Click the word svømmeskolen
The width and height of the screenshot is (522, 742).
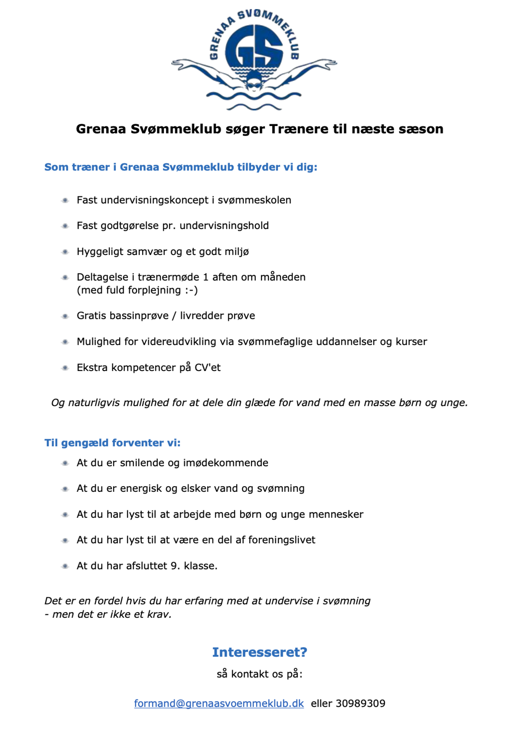[x=254, y=200]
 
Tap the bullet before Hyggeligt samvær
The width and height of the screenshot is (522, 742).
[x=65, y=252]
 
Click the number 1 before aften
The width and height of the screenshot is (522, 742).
[x=206, y=277]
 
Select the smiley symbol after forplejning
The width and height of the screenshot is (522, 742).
[x=191, y=290]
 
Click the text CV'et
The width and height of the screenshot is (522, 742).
[x=207, y=368]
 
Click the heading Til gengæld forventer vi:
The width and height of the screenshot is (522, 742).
[x=112, y=443]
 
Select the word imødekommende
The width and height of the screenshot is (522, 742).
[x=225, y=463]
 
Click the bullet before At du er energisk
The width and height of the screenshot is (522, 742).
[x=65, y=489]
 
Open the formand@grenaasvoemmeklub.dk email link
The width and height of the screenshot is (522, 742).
[x=219, y=703]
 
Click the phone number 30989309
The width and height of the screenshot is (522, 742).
[x=361, y=703]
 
